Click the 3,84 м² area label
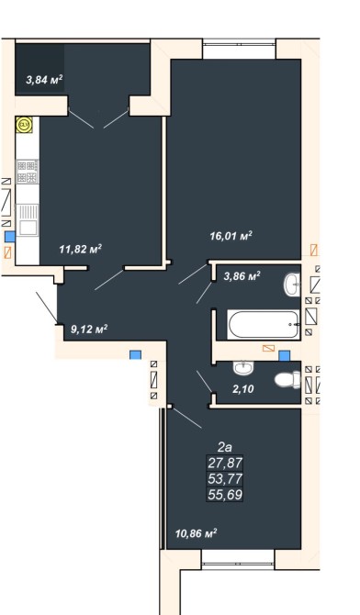44,80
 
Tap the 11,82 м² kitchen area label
81,249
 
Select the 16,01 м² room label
231,236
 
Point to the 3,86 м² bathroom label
242,276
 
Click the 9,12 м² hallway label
89,329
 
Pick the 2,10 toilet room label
243,389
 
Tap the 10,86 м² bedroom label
197,533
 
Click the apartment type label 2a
225,447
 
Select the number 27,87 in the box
225,463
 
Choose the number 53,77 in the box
225,478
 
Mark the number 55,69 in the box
225,494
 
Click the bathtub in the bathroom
264,325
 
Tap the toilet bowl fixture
287,380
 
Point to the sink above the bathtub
292,284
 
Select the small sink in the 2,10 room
243,367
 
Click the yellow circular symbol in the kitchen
25,125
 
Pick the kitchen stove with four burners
28,172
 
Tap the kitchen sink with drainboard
28,220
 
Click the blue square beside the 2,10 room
284,356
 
